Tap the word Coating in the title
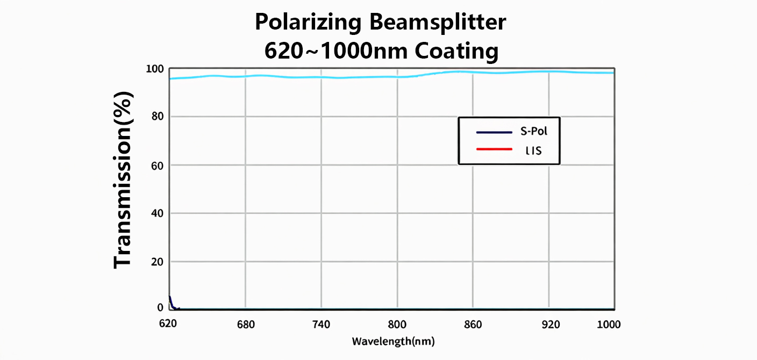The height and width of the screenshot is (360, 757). coord(456,52)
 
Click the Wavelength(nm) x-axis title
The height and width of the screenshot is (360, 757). coord(393,341)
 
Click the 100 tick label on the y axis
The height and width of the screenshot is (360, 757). coord(155,69)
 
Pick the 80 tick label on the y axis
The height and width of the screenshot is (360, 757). coord(157,117)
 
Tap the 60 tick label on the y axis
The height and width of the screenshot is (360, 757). coord(157,165)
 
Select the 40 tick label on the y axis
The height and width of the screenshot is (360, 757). coord(157,213)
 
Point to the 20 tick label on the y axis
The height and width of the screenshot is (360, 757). coord(157,262)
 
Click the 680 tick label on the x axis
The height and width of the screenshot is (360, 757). coord(246,325)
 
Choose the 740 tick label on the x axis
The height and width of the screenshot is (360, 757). coord(321,325)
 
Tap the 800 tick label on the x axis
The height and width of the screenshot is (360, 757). coord(397,325)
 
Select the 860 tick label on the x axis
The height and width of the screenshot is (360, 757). coord(473,325)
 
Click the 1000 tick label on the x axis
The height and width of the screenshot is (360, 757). coord(609,325)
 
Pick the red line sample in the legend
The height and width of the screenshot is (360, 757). coord(494,148)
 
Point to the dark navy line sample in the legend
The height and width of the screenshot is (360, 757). coord(494,132)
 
